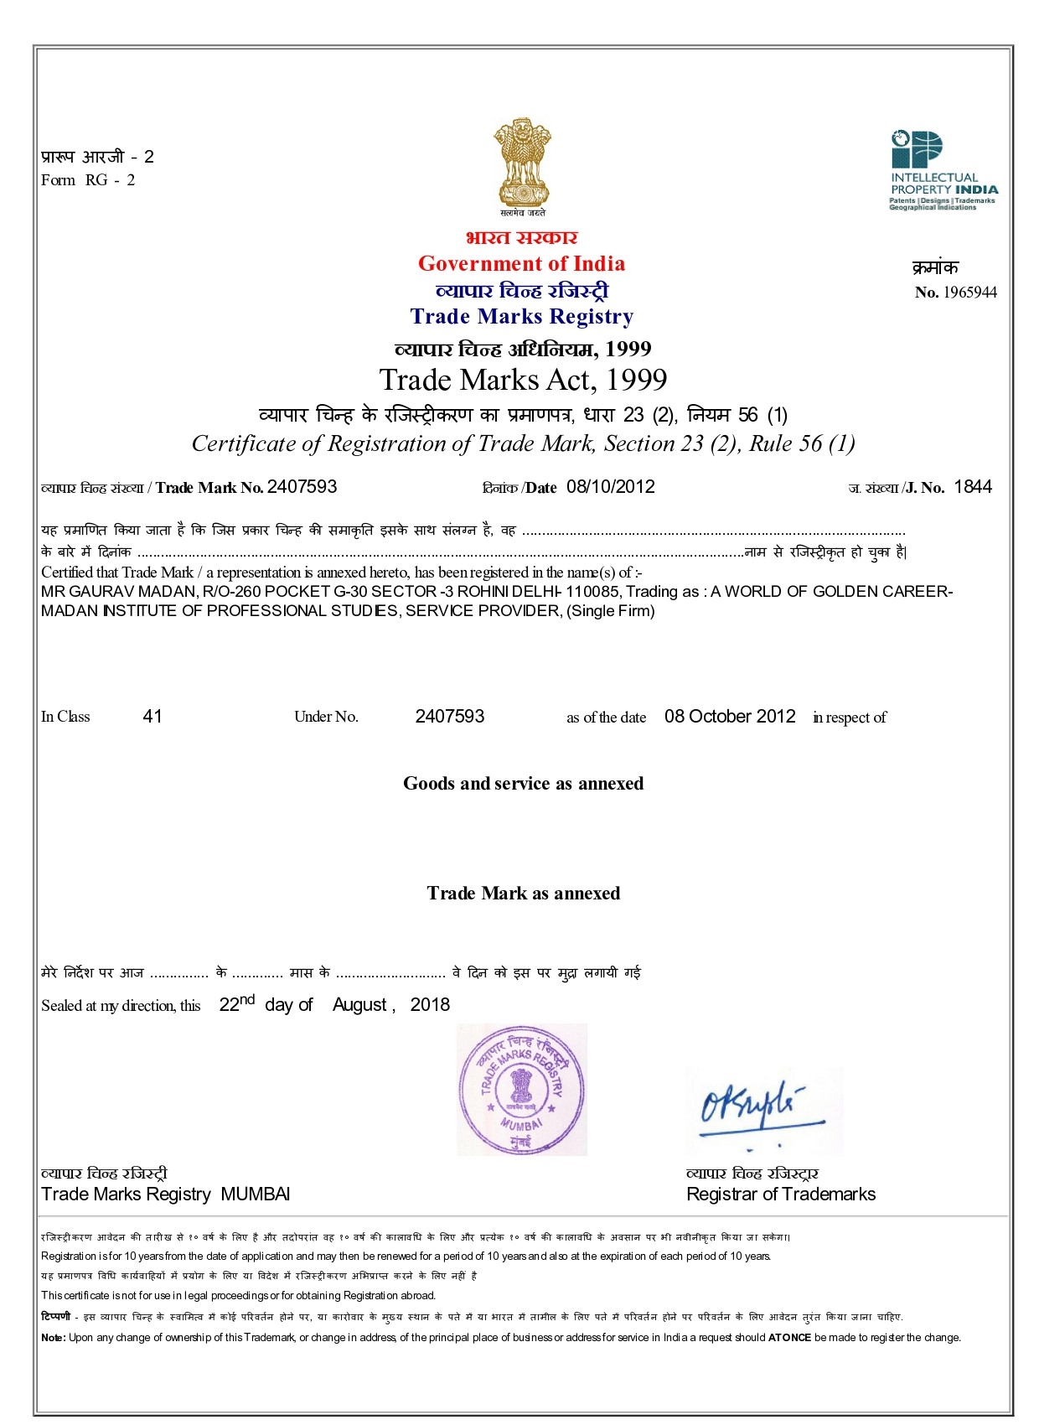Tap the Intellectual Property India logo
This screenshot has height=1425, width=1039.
(943, 170)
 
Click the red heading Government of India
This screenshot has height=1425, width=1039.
(521, 264)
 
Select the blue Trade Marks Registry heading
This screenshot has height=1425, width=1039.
(521, 317)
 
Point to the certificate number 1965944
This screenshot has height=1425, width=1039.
(969, 293)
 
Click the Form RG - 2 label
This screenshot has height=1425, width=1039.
(88, 180)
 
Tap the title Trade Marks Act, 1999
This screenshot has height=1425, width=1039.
(523, 380)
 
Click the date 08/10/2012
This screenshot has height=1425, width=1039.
(611, 487)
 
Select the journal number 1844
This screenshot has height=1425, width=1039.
(973, 487)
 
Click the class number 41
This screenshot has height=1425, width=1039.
(152, 716)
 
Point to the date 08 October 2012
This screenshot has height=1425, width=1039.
(730, 716)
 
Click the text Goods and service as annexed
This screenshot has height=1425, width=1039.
(523, 784)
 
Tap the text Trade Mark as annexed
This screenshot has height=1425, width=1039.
(523, 894)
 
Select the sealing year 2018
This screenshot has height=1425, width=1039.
(430, 1005)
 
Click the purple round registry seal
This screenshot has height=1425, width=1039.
(521, 1089)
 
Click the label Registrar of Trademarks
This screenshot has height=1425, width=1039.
(781, 1194)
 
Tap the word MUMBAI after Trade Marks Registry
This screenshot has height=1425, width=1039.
(256, 1194)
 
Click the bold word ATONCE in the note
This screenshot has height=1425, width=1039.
(789, 1338)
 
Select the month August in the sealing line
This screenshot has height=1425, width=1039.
(359, 1005)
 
